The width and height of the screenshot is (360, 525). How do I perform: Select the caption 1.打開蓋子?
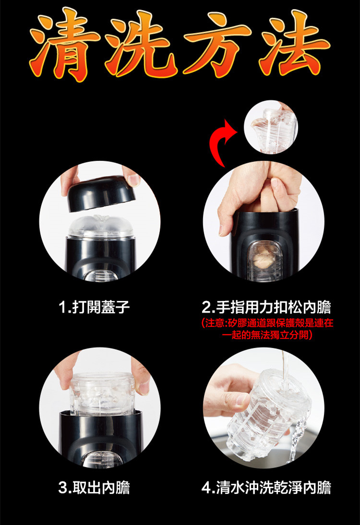(x=94, y=307)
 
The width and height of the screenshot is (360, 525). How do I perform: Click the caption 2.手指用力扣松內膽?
(x=266, y=307)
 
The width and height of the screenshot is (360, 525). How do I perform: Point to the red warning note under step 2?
(x=267, y=329)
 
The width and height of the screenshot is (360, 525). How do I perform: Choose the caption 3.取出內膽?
(x=94, y=488)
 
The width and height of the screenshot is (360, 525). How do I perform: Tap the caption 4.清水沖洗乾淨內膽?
(x=266, y=488)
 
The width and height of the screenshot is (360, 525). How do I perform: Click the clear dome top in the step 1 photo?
(x=101, y=227)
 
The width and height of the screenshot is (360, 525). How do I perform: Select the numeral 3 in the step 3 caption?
(x=62, y=488)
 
